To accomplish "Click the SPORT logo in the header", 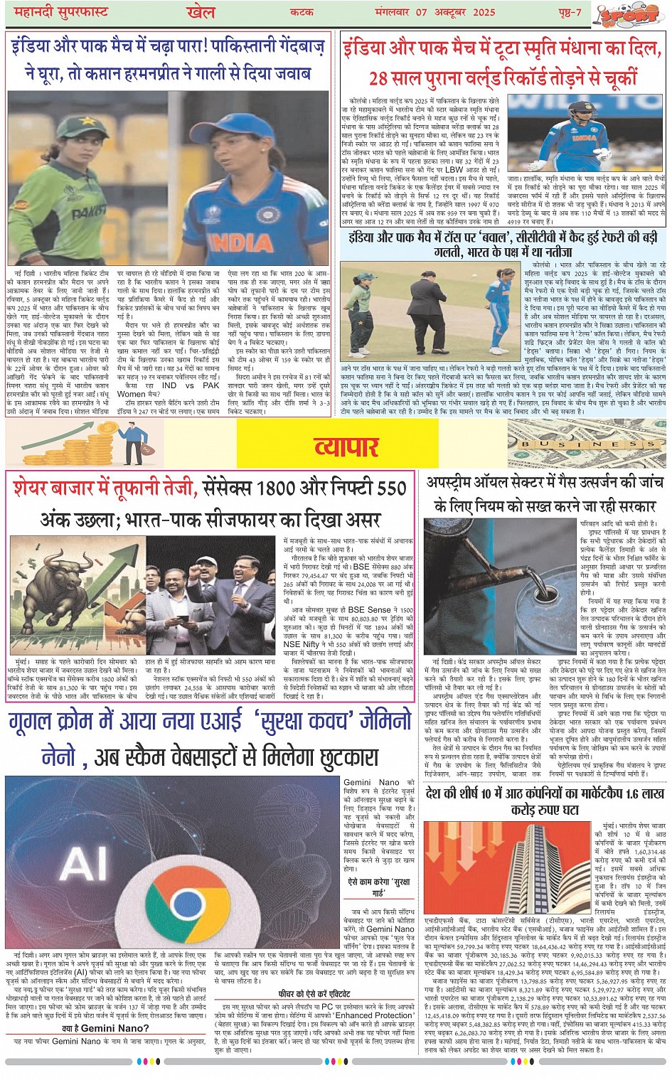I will click(626, 14).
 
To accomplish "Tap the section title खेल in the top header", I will click(201, 13).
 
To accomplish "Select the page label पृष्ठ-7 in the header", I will click(569, 13).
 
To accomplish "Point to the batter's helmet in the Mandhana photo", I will click(580, 111).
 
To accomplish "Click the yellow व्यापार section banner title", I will click(346, 447).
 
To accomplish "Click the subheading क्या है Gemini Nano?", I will click(105, 1028).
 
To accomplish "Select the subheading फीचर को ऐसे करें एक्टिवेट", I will click(314, 994).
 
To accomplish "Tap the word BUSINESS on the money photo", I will click(585, 444).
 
